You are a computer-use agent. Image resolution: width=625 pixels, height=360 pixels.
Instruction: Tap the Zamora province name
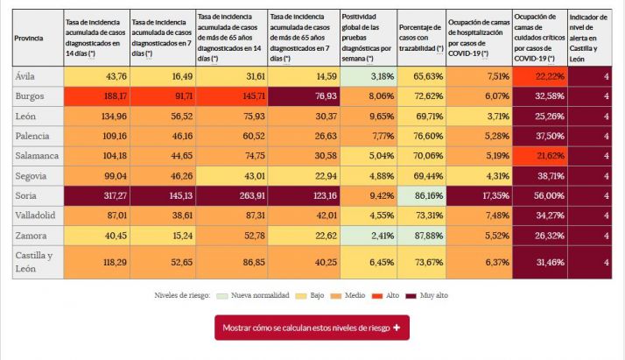[32, 234]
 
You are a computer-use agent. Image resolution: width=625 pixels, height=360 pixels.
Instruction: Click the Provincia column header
[32, 39]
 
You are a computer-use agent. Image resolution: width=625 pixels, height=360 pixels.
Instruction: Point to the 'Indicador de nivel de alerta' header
[589, 39]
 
